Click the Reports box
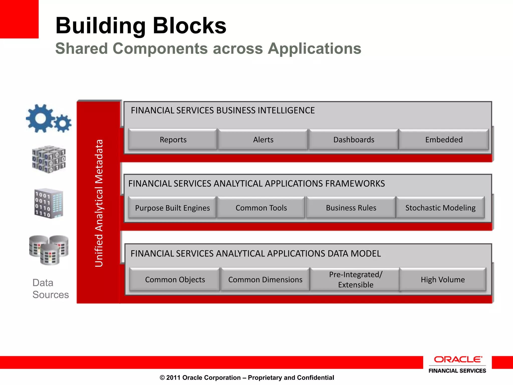tap(173, 140)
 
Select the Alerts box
tap(263, 140)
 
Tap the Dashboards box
tap(353, 140)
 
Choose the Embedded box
tap(444, 140)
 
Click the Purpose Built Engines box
tap(172, 208)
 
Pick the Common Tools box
tap(261, 208)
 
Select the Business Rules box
tap(351, 208)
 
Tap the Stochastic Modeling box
tap(440, 208)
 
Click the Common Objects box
tap(175, 279)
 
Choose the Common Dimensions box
tap(265, 279)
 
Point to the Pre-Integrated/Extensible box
tap(355, 279)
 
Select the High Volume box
tap(443, 279)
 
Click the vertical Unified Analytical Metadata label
tap(99, 203)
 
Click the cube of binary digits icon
tap(49, 159)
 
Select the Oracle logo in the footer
tap(458, 360)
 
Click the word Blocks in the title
tap(189, 26)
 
